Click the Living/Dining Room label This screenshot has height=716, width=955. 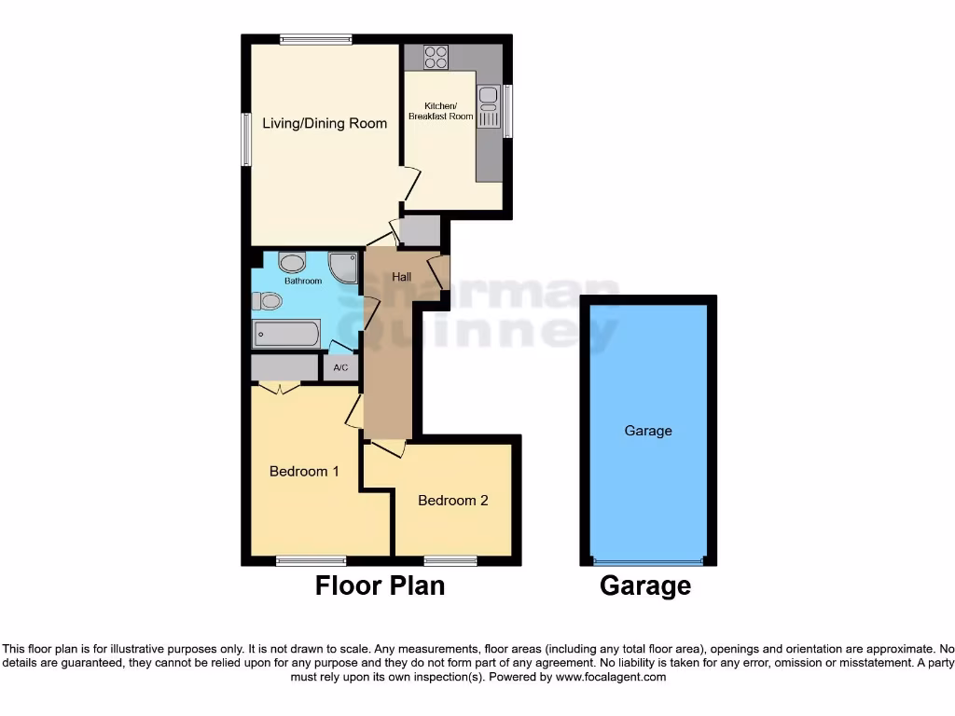(324, 123)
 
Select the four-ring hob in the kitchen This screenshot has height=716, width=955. (435, 57)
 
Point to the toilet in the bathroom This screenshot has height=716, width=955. (268, 300)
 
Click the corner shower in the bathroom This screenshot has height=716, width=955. (345, 268)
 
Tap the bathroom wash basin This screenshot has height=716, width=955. (291, 263)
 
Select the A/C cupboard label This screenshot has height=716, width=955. (340, 368)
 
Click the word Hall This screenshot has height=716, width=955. (401, 277)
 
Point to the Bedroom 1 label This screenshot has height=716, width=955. (304, 471)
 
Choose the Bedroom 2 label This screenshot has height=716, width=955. (452, 501)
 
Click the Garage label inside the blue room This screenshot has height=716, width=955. (648, 431)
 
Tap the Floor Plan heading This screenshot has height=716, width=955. (380, 585)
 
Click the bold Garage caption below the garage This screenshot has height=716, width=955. (645, 585)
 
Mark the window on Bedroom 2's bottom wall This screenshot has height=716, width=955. (450, 560)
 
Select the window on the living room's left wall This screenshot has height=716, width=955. (246, 140)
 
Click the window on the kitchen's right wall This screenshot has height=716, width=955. (507, 111)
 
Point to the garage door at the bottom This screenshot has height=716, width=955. (648, 562)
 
